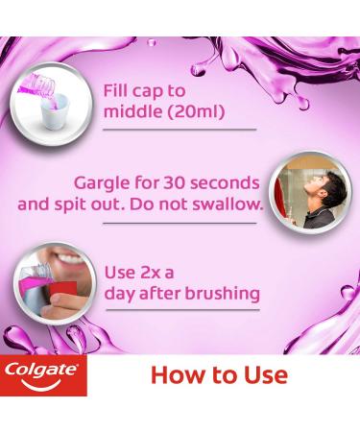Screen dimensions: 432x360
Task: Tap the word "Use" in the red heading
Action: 264,374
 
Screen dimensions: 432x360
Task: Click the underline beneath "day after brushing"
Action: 181,309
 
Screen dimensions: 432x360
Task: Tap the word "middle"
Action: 133,112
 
